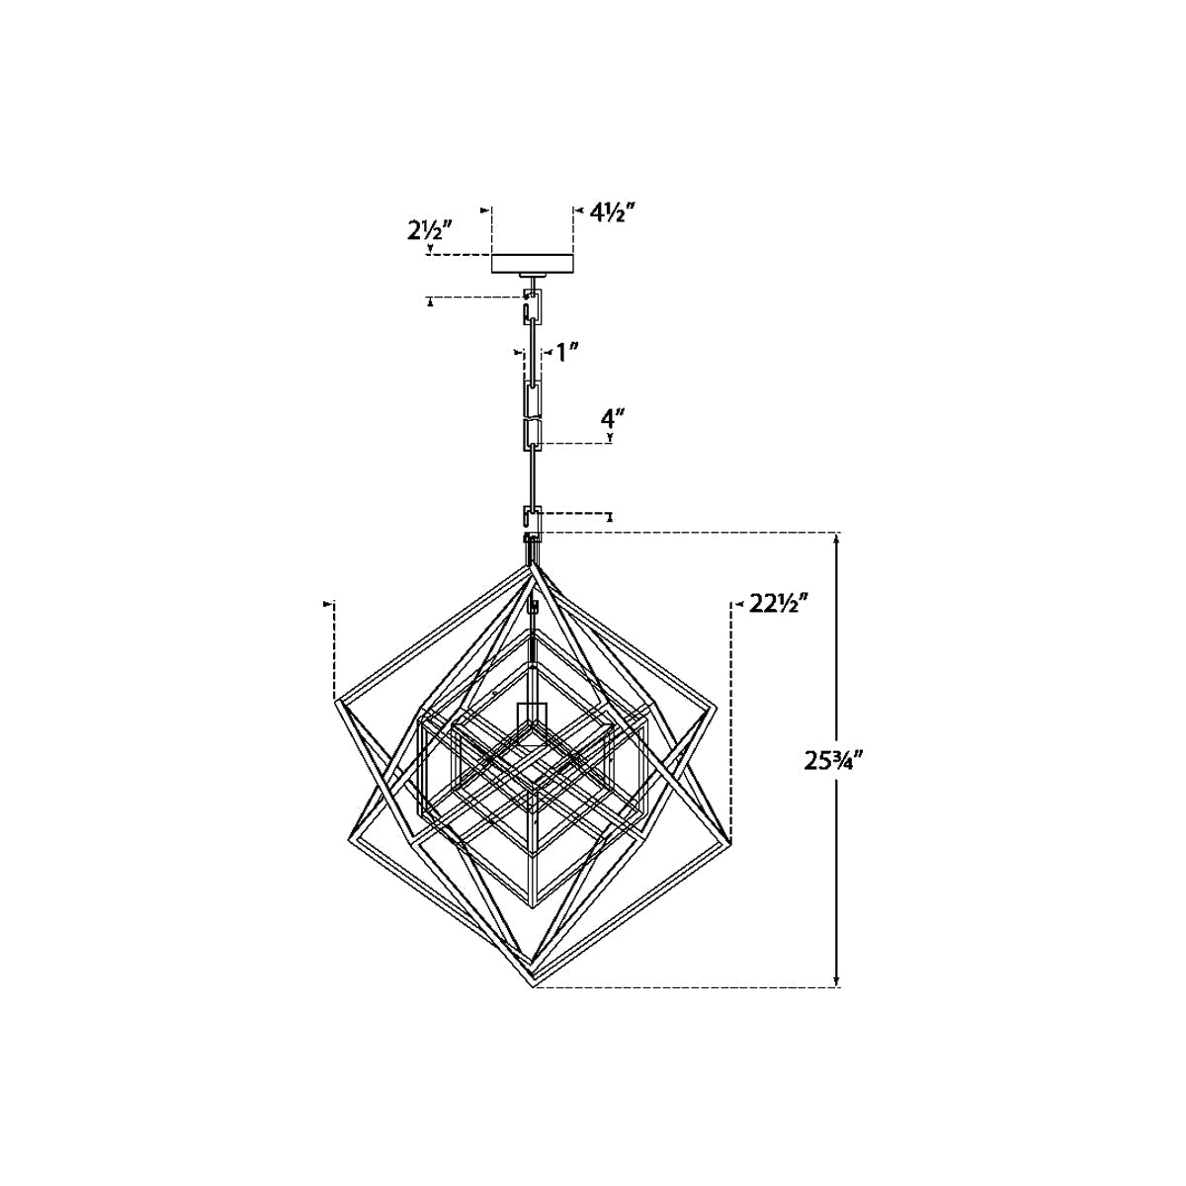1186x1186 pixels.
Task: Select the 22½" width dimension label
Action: click(778, 605)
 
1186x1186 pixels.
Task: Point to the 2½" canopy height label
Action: click(430, 231)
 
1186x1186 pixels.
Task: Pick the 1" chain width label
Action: click(566, 353)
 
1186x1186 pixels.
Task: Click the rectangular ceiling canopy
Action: click(533, 264)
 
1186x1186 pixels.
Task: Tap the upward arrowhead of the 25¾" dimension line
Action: click(836, 541)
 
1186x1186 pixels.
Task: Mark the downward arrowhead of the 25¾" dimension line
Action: click(836, 997)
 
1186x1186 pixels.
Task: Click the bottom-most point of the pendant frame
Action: click(535, 1004)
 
